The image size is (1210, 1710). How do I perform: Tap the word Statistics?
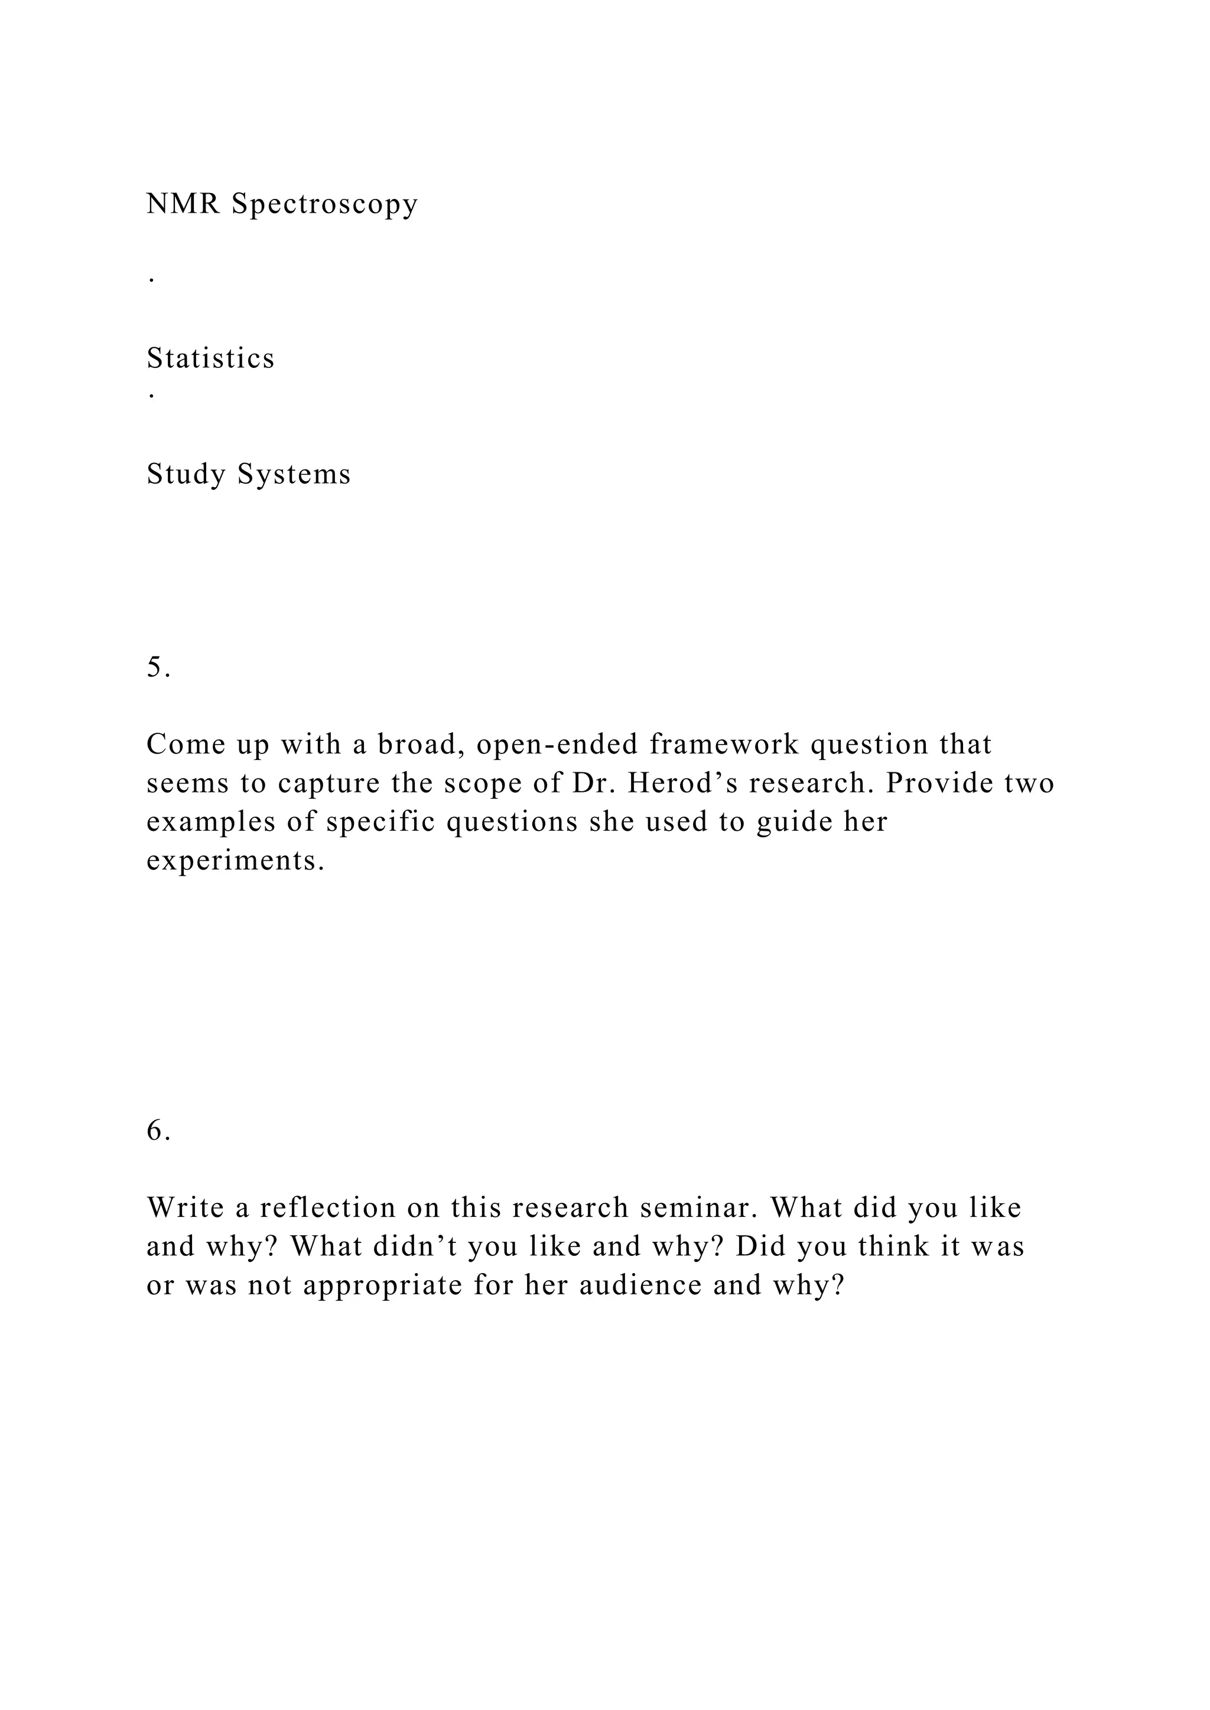211,358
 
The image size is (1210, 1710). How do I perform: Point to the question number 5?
158,667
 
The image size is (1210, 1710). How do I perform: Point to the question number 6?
158,1131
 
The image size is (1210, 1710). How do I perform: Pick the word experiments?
236,861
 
